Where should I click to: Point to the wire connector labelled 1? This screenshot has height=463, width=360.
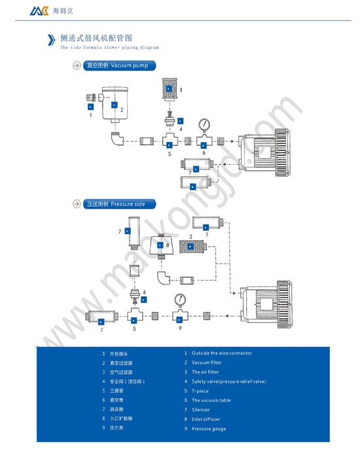[x=91, y=101]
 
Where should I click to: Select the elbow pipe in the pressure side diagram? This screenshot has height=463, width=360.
[x=168, y=279]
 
